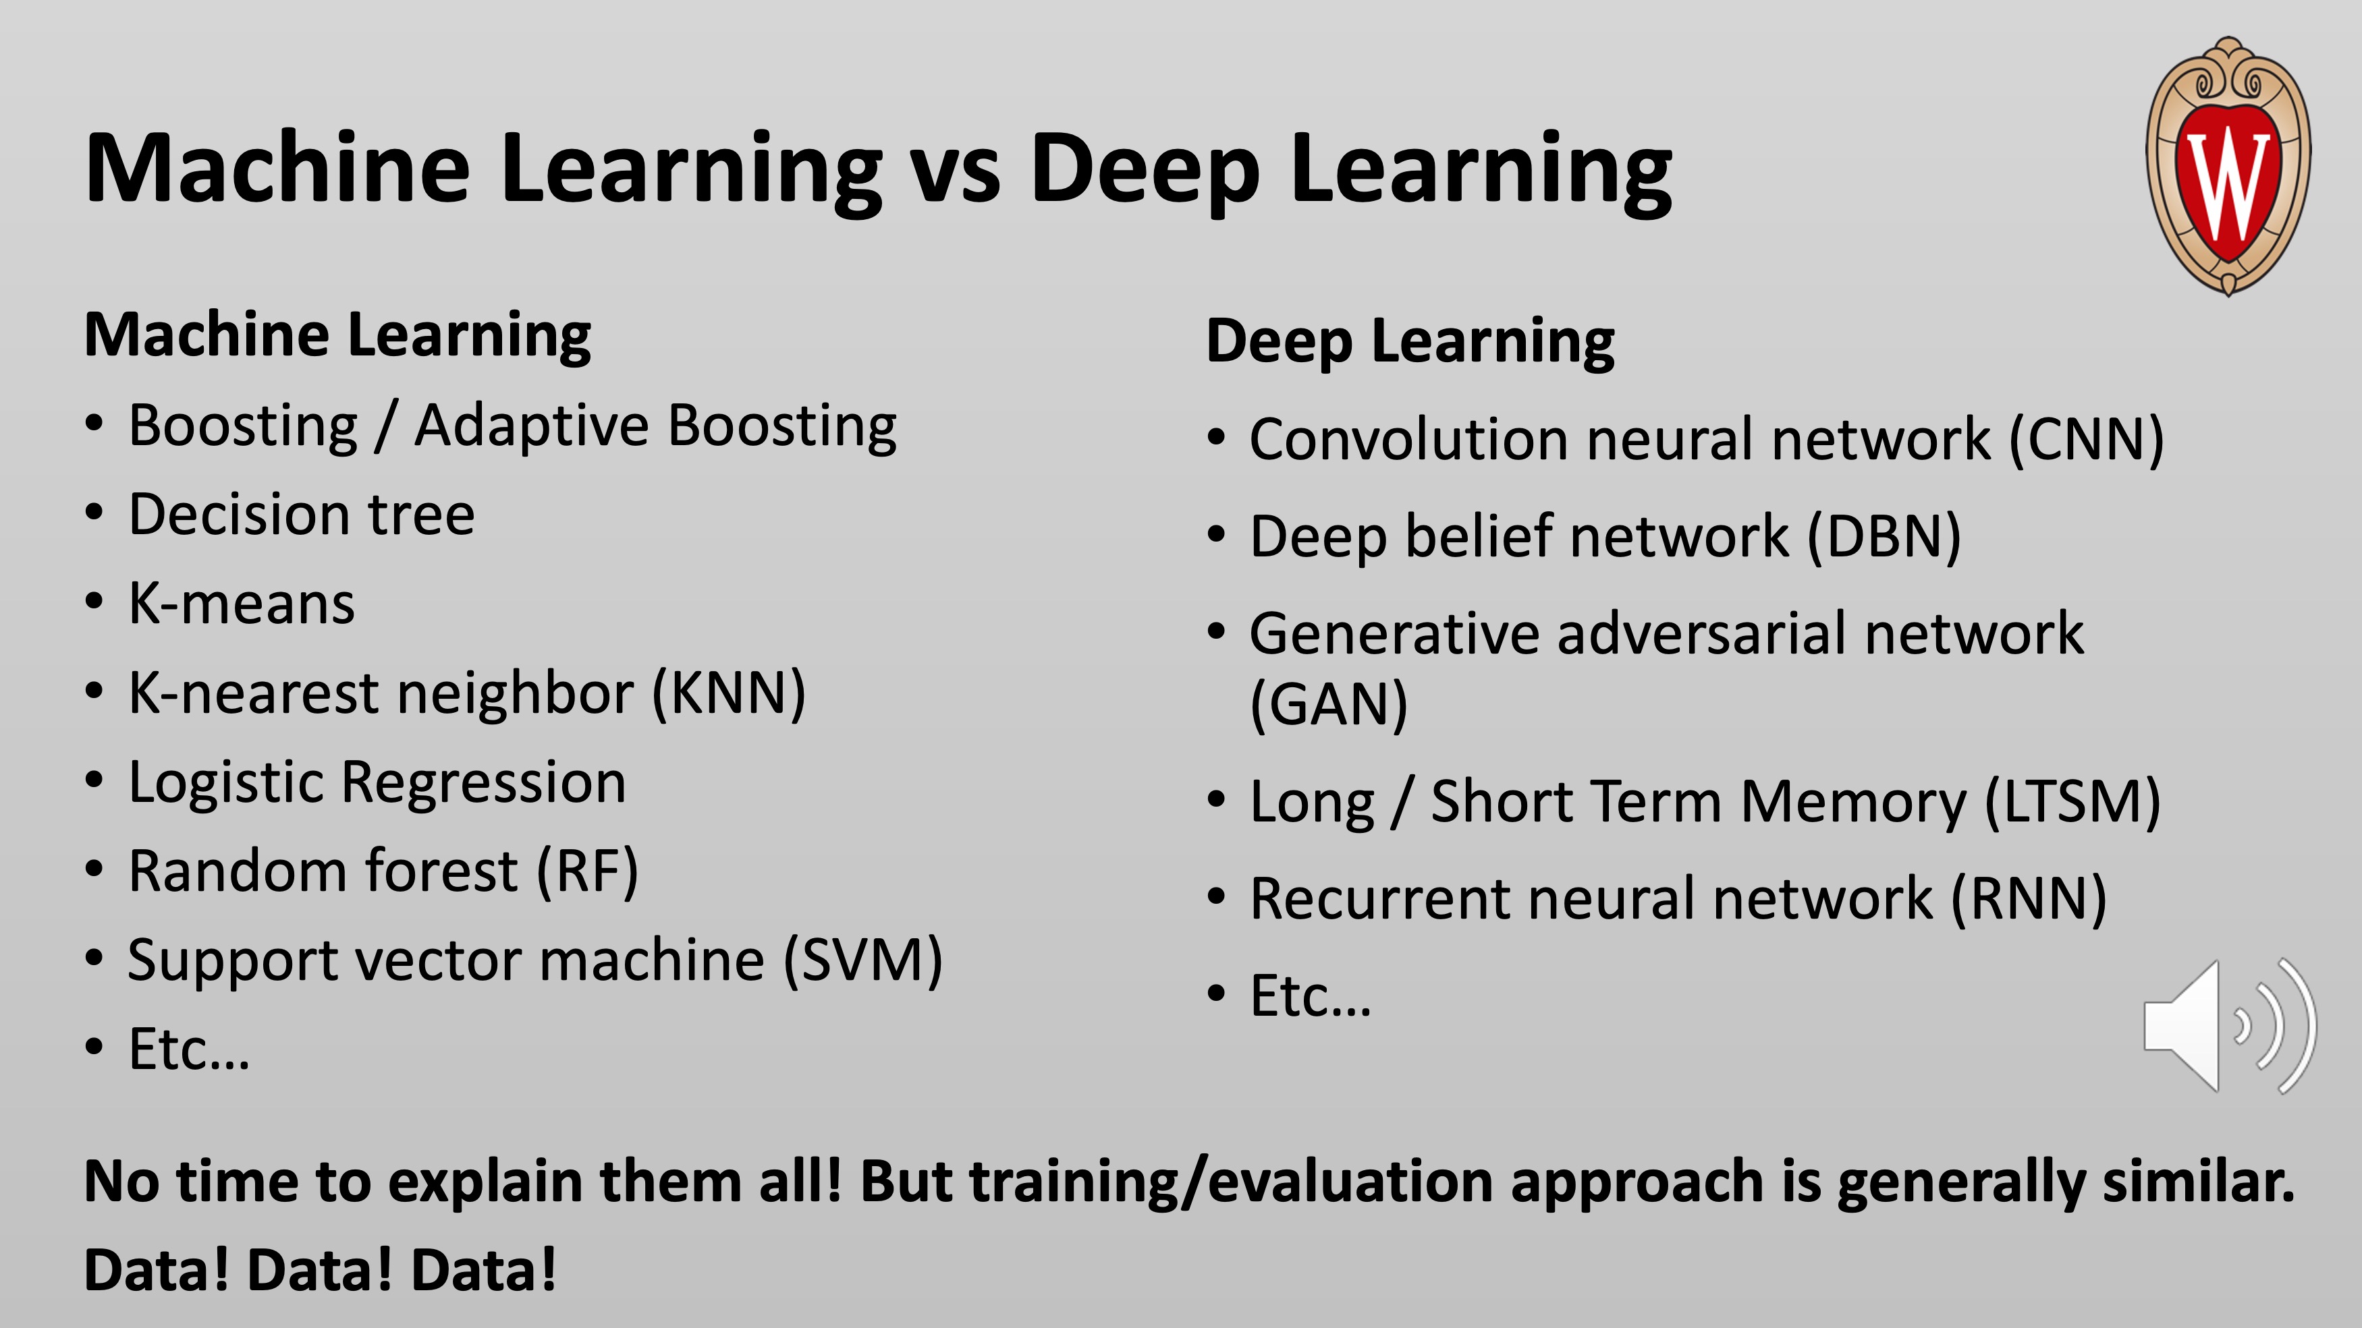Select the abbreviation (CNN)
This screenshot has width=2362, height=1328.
click(2086, 439)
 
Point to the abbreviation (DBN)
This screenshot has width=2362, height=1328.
click(1884, 536)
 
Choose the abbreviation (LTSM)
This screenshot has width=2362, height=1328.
click(2072, 802)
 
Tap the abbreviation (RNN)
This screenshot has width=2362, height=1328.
click(2028, 898)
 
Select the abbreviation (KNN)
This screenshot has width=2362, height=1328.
click(728, 693)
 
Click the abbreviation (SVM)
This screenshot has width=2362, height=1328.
click(863, 960)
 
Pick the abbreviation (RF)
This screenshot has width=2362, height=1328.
click(587, 871)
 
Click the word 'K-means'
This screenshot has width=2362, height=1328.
click(241, 603)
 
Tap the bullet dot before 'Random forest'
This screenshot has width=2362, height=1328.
click(94, 869)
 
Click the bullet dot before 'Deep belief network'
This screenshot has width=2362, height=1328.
click(1216, 534)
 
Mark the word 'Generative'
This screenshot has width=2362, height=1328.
click(1395, 633)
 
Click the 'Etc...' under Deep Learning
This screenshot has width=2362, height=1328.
click(1311, 996)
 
